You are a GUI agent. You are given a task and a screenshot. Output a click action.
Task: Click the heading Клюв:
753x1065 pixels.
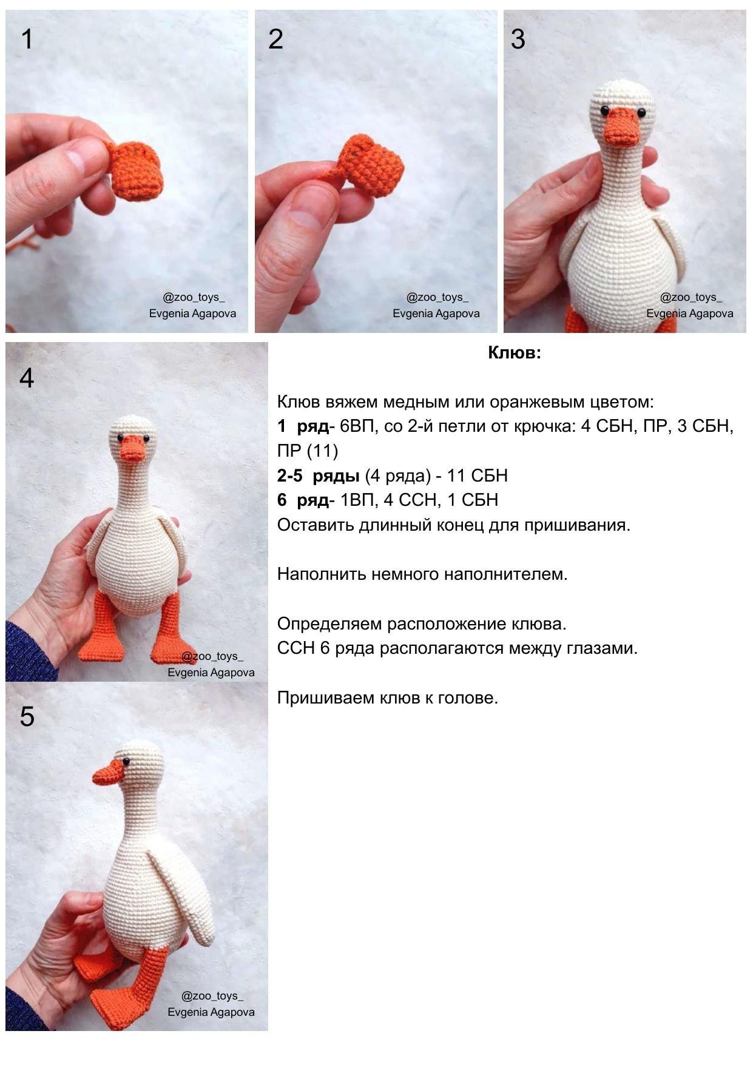(514, 353)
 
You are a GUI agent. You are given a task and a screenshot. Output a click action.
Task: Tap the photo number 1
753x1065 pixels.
(27, 39)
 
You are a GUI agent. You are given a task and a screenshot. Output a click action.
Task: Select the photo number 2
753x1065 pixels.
(275, 39)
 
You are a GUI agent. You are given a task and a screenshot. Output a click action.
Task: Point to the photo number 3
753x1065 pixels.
(518, 39)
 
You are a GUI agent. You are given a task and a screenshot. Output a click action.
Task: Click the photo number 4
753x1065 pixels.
(27, 378)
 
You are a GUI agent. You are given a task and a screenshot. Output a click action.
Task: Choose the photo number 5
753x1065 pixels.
(27, 717)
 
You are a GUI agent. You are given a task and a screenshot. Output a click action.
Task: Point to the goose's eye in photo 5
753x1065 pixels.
(126, 762)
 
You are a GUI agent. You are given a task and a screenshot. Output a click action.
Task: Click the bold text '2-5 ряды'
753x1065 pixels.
(318, 476)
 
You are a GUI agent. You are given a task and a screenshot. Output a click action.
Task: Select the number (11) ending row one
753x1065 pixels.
(325, 451)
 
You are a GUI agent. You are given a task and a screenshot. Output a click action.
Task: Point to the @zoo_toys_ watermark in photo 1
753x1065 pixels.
(193, 298)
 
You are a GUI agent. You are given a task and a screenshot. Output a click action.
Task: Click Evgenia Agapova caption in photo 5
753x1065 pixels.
(211, 1012)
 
